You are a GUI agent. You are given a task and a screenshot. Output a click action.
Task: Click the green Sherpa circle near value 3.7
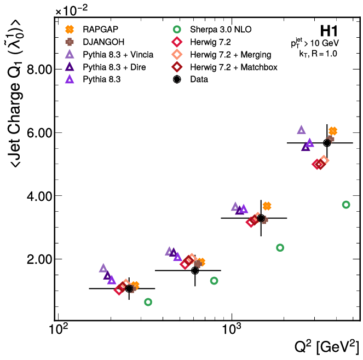(x=345, y=205)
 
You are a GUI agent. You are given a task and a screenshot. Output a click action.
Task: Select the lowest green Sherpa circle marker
(x=148, y=302)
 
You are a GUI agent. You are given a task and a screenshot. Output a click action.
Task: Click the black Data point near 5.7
(x=327, y=143)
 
